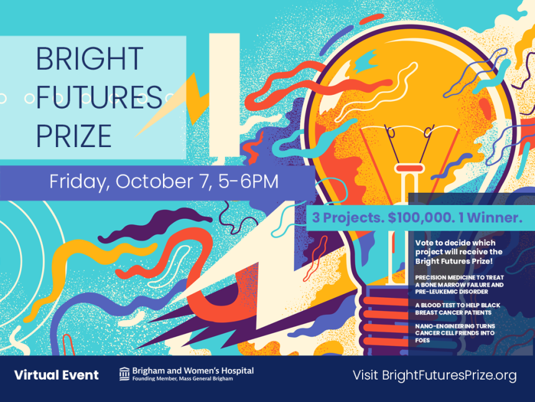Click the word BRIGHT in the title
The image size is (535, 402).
pyautogui.click(x=90, y=59)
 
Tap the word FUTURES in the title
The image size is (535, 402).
pyautogui.click(x=99, y=97)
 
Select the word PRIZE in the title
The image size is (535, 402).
pyautogui.click(x=73, y=136)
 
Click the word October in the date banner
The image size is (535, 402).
pyautogui.click(x=154, y=181)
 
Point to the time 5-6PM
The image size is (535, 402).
pyautogui.click(x=248, y=181)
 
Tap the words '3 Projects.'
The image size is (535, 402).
pyautogui.click(x=348, y=218)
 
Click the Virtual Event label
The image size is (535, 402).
pyautogui.click(x=56, y=375)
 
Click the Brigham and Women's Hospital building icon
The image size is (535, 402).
pyautogui.click(x=124, y=374)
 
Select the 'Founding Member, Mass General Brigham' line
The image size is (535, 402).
pyautogui.click(x=182, y=379)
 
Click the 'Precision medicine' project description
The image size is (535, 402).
pyautogui.click(x=459, y=285)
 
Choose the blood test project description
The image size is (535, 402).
pyautogui.click(x=457, y=309)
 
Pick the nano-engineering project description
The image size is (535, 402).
pyautogui.click(x=455, y=333)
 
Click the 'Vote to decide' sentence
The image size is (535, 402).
pyautogui.click(x=459, y=252)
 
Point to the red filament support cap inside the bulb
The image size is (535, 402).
pyautogui.click(x=409, y=168)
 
